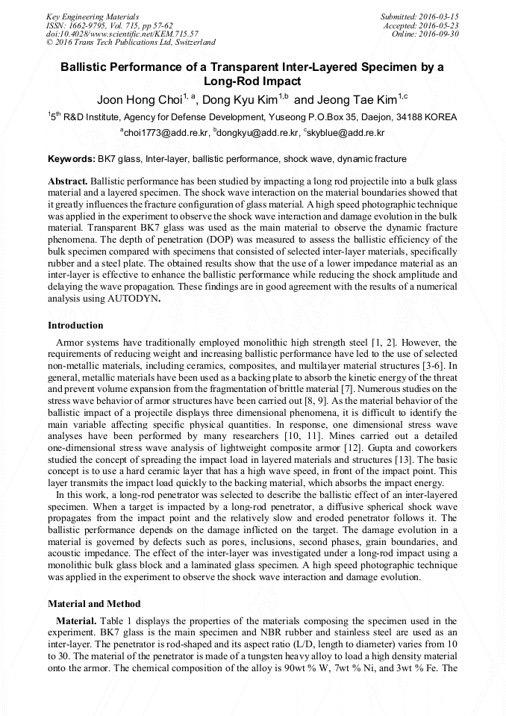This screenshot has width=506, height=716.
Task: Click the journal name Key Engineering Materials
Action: point(93,16)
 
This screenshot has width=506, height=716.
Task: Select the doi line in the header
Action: point(122,34)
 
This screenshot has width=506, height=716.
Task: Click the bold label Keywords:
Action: point(72,159)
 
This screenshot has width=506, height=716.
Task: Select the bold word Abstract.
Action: point(68,181)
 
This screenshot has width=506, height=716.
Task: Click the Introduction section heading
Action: point(75,326)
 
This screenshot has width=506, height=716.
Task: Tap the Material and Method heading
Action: point(93,603)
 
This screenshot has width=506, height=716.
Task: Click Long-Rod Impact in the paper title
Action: point(252,81)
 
